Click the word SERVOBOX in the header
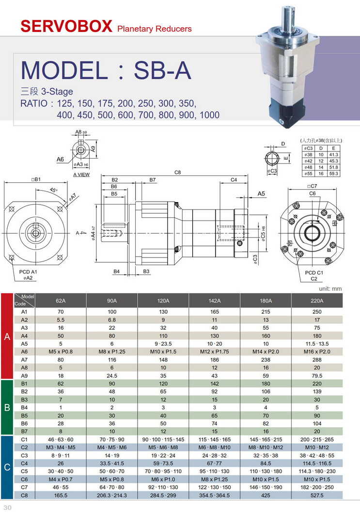(x=66, y=26)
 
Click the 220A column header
(x=317, y=301)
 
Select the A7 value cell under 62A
(x=61, y=360)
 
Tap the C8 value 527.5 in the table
(x=317, y=495)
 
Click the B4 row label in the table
(x=25, y=408)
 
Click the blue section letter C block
(x=7, y=467)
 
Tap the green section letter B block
(x=7, y=407)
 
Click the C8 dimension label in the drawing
(x=178, y=173)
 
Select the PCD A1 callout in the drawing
(x=28, y=272)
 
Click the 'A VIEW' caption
(x=81, y=175)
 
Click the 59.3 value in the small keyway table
(x=334, y=173)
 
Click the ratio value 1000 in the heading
(x=209, y=115)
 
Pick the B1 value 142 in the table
(x=214, y=384)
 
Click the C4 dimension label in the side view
(x=234, y=180)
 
